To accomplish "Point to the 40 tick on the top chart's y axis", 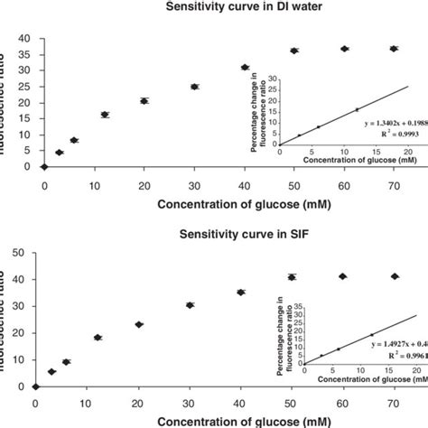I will (23, 38).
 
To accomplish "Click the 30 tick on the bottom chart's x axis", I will (190, 402).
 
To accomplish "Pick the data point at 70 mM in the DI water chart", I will (393, 49).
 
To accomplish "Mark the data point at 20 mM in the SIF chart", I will (139, 324).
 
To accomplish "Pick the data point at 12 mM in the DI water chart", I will (105, 115).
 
